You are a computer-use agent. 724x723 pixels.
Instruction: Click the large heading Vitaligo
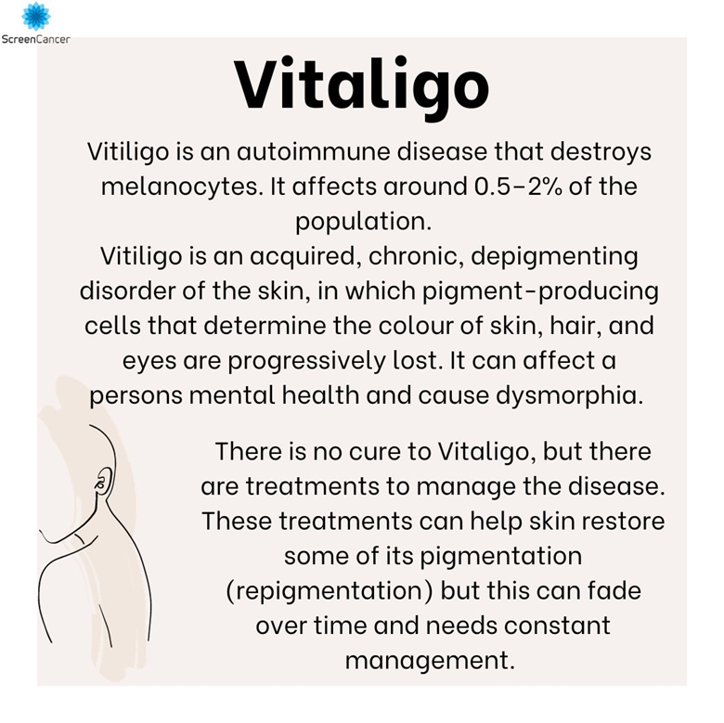tap(362, 84)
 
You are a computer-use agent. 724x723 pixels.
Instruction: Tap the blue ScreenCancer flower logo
tap(35, 16)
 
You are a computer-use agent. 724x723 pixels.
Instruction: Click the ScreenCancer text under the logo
tap(35, 39)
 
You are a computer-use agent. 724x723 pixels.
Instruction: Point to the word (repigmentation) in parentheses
tap(329, 591)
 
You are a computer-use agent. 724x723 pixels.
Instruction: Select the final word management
tap(429, 660)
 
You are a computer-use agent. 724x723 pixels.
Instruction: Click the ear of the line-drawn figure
tap(103, 479)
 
